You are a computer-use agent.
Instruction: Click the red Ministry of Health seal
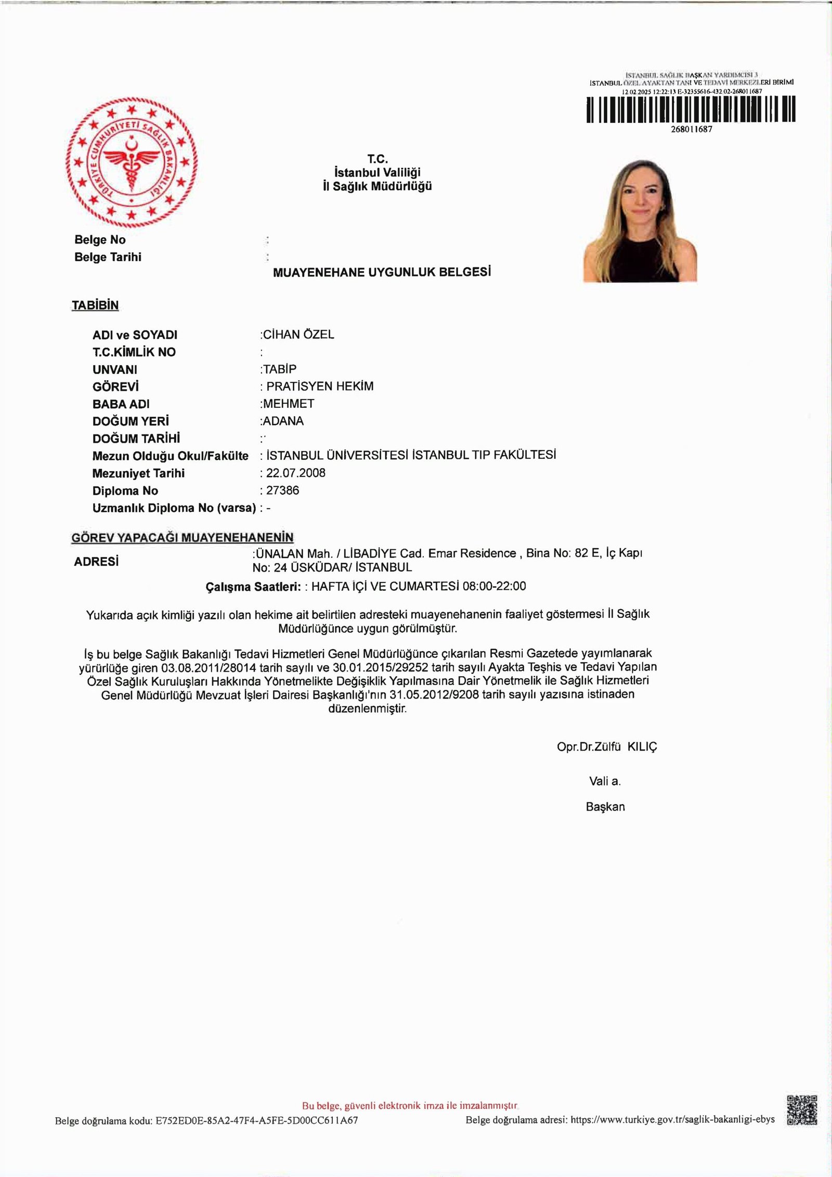132,163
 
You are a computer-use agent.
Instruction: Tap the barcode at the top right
691,109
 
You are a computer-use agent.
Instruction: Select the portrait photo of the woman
640,220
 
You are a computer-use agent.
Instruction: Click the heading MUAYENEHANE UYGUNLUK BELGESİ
382,272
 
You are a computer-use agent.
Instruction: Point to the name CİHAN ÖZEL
298,334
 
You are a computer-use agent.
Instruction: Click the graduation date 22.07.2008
296,473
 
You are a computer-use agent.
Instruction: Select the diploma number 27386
282,490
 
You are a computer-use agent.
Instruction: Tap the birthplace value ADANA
283,421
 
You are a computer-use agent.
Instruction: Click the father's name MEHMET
289,404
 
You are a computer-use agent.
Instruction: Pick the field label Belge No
100,240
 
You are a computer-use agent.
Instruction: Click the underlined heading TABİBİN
95,305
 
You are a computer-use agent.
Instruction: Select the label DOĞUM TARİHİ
136,438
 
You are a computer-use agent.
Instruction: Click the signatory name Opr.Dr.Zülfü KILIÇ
607,747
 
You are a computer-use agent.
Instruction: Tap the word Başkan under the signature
605,807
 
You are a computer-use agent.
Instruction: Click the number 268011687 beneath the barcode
691,129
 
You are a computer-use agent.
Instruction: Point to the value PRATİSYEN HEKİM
320,386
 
